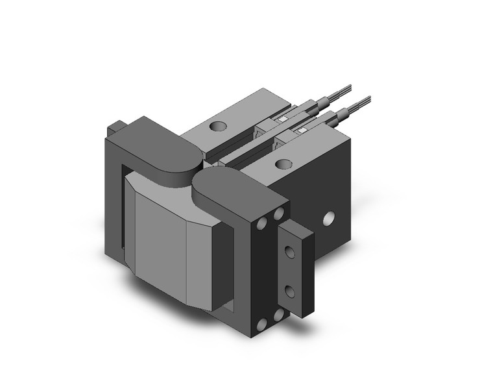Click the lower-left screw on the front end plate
[263, 324]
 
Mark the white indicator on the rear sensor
[283, 120]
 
